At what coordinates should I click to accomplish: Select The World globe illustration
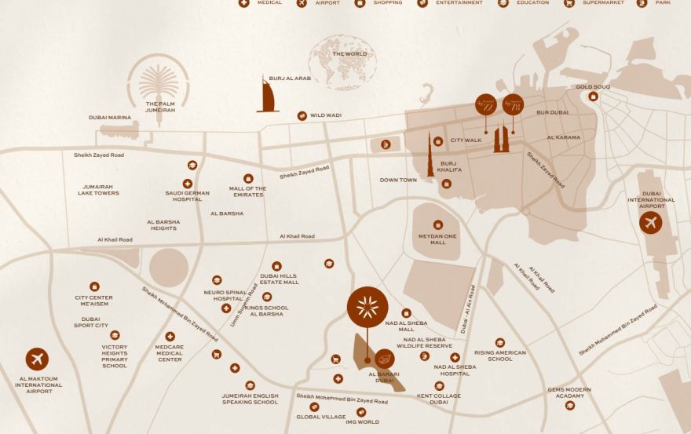(x=343, y=61)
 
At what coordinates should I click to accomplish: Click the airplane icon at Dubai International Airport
(x=650, y=223)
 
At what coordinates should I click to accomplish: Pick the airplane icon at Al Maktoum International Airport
(x=37, y=359)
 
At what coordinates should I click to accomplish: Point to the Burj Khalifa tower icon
(x=430, y=155)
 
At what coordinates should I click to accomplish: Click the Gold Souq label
(x=593, y=87)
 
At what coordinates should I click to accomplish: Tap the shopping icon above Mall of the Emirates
(x=248, y=178)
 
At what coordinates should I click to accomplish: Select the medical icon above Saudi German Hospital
(x=188, y=183)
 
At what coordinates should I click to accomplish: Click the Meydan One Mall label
(x=437, y=239)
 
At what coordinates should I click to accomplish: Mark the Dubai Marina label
(x=109, y=117)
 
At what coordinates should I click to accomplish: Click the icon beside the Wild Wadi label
(x=302, y=116)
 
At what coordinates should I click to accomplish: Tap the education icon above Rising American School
(x=500, y=342)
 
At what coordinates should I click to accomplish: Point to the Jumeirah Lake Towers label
(x=98, y=189)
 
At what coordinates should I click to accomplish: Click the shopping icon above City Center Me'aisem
(x=94, y=286)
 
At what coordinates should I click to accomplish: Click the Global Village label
(x=321, y=417)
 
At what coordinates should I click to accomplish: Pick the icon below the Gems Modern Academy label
(x=570, y=405)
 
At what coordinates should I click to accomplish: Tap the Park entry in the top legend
(x=655, y=3)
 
